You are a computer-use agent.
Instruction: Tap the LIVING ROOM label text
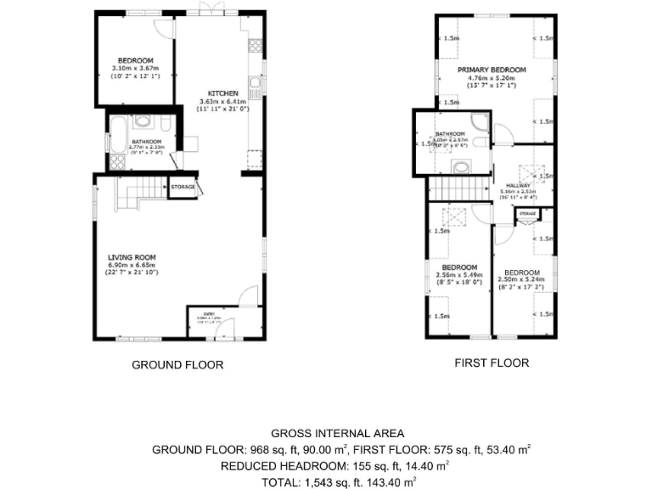131,256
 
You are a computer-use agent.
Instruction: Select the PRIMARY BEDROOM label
492,70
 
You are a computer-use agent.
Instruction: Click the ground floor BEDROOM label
135,59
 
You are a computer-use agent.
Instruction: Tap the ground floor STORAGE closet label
183,187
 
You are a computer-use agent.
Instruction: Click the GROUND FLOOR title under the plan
177,365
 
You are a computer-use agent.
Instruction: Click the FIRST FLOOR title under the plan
492,363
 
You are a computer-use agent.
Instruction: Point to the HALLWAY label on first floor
518,185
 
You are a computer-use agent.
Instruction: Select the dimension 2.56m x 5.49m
459,275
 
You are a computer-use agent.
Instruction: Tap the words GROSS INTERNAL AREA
325,432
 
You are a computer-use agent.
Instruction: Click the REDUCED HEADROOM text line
325,465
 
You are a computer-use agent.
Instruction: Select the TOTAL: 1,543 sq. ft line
325,481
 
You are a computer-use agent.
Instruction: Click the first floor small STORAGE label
527,212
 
